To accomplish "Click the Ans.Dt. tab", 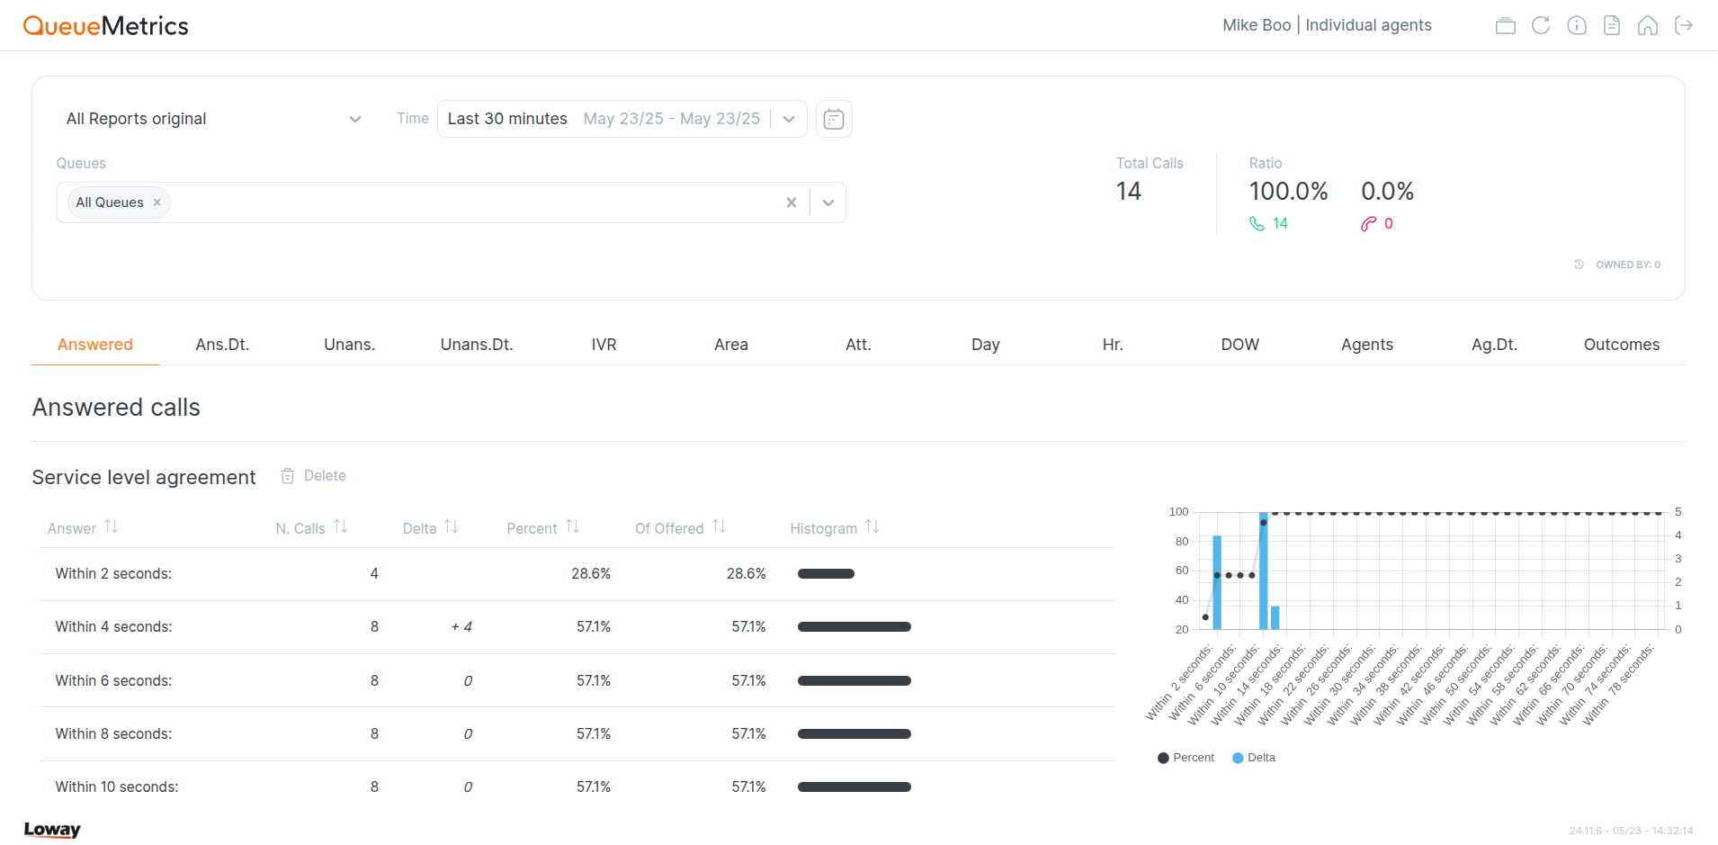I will pyautogui.click(x=222, y=345).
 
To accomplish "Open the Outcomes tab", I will pyautogui.click(x=1621, y=345).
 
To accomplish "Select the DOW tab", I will pyautogui.click(x=1239, y=345).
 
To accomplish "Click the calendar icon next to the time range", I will pyautogui.click(x=834, y=119).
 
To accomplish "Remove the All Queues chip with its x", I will pyautogui.click(x=157, y=202).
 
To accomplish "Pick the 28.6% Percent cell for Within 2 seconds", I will pyautogui.click(x=590, y=574).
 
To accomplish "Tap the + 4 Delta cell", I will pyautogui.click(x=461, y=627).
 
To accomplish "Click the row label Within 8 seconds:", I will pyautogui.click(x=113, y=734).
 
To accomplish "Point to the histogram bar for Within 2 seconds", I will pyautogui.click(x=826, y=574).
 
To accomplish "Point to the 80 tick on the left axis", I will pyautogui.click(x=1181, y=542).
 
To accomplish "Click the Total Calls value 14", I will pyautogui.click(x=1128, y=192).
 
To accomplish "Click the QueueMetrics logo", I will pyautogui.click(x=105, y=26).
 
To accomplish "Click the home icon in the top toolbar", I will pyautogui.click(x=1647, y=25).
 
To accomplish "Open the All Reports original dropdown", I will pyautogui.click(x=213, y=119).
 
